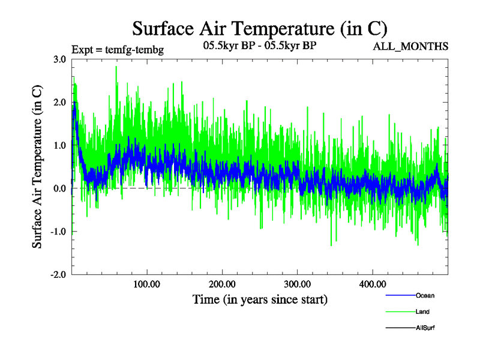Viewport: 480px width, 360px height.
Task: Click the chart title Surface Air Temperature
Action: (259, 28)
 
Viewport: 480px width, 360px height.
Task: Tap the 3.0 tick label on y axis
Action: (59, 59)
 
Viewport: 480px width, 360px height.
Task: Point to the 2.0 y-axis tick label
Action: (59, 103)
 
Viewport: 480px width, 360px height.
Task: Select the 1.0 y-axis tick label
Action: (59, 146)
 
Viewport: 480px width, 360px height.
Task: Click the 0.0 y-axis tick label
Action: (59, 189)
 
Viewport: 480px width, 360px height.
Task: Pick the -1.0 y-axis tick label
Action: (58, 232)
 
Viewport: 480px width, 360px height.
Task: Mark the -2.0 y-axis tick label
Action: (58, 275)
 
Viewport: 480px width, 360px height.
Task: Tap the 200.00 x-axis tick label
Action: (222, 284)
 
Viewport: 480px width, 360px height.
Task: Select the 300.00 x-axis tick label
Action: (297, 284)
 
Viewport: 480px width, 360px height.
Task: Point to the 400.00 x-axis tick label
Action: (372, 284)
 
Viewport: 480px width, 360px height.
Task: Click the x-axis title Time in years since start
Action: (260, 299)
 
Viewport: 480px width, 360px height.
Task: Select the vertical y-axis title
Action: (38, 166)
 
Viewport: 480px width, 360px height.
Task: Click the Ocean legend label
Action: (425, 296)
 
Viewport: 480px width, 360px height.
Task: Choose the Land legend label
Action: (422, 312)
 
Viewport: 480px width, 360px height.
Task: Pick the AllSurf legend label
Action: (425, 328)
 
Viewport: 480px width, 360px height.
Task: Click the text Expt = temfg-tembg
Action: (117, 49)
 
